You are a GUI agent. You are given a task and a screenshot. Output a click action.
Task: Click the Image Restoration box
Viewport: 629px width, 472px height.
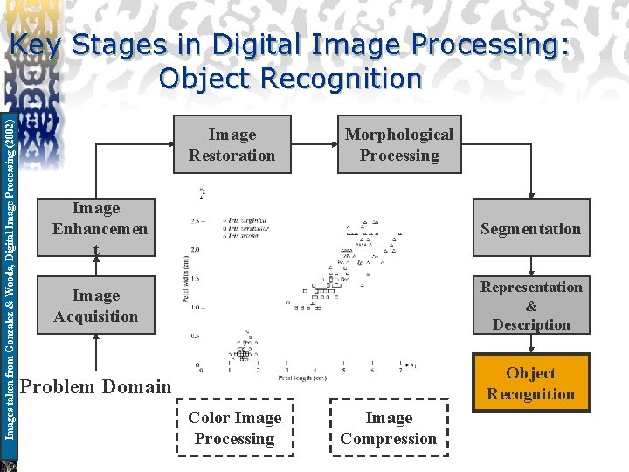tap(232, 145)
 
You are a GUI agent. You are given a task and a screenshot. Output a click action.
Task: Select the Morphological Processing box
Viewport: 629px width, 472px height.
tap(399, 145)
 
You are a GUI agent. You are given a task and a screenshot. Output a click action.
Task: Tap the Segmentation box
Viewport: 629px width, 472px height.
tap(531, 229)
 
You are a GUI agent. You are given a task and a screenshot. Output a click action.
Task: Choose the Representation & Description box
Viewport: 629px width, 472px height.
tap(531, 306)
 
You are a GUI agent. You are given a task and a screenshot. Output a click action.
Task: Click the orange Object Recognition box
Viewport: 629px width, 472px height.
tap(531, 383)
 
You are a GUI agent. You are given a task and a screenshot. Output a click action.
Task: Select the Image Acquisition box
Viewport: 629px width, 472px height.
tap(96, 306)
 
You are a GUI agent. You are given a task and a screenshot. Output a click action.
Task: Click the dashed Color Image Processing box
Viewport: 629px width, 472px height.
tap(235, 428)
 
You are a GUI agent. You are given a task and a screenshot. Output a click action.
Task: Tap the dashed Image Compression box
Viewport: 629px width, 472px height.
tap(389, 428)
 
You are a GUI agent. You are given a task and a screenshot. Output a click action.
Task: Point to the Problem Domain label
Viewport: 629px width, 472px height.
tap(95, 386)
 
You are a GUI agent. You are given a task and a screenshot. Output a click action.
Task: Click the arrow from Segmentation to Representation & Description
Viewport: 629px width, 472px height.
tap(531, 267)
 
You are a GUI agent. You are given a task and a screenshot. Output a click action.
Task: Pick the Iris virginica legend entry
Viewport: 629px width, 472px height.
tap(245, 220)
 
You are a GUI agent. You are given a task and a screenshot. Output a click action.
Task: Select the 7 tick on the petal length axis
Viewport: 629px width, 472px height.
tap(399, 371)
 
